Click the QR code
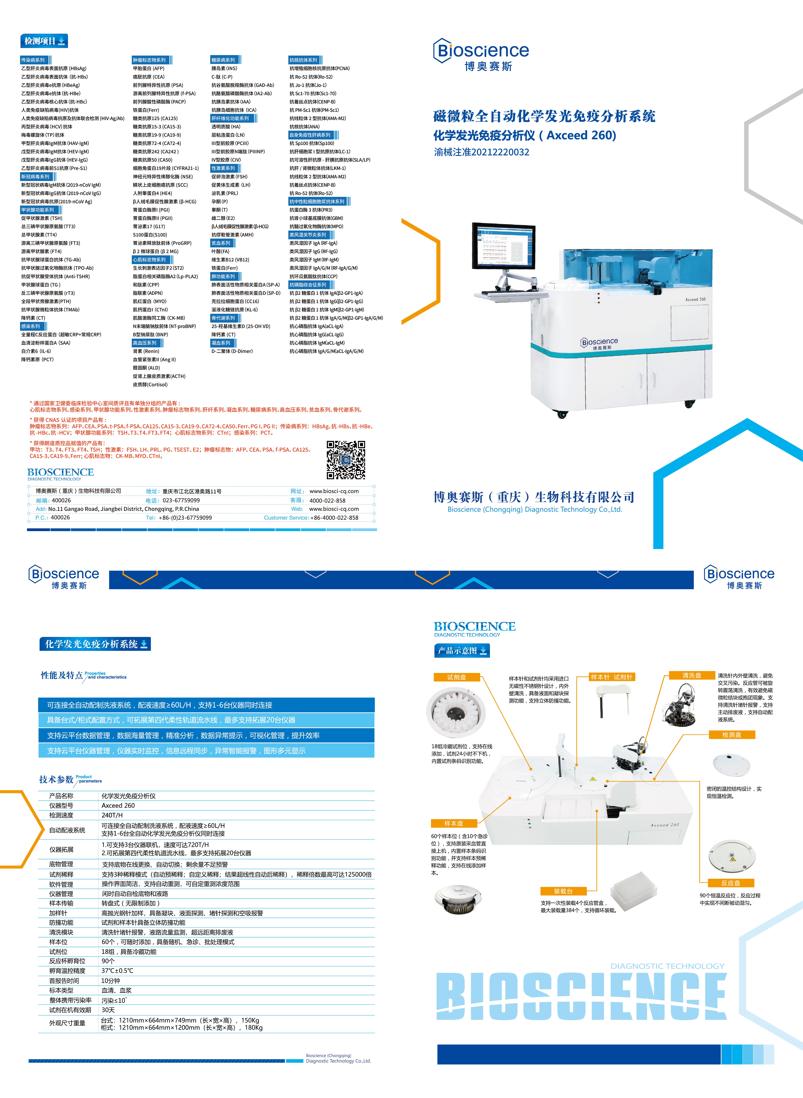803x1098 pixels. click(346, 460)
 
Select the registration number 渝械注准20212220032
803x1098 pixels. click(482, 152)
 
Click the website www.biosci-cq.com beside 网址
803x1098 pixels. click(334, 491)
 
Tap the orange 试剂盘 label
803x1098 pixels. click(456, 677)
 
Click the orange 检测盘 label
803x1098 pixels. click(732, 735)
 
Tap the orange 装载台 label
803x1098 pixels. click(563, 891)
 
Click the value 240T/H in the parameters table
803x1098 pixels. click(112, 815)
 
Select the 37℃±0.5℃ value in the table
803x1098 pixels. click(117, 971)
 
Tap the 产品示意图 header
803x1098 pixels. click(462, 651)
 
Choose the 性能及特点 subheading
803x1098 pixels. click(62, 675)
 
